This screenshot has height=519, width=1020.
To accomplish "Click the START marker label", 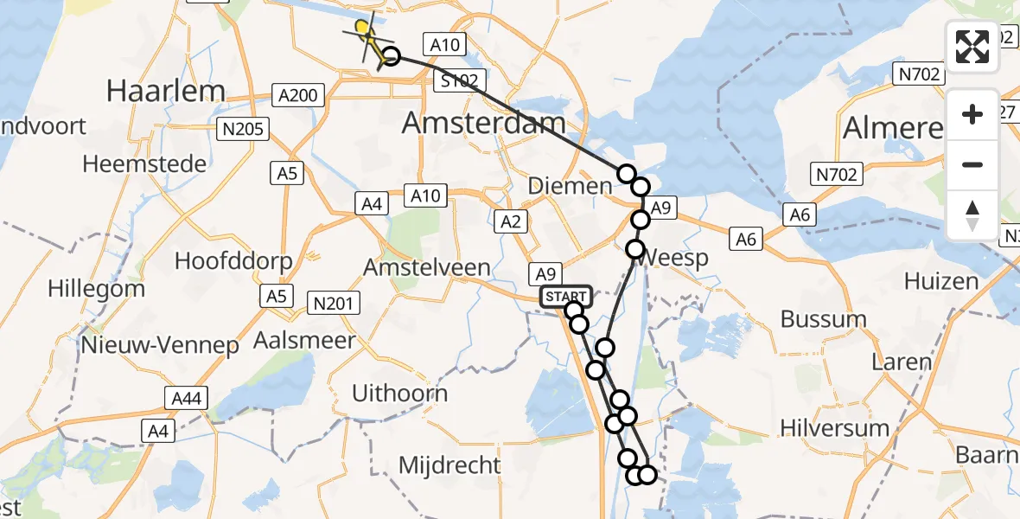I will coord(566,297).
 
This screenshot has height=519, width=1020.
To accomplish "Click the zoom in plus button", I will coord(972,115).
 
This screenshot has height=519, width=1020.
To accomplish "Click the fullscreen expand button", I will coord(972,47).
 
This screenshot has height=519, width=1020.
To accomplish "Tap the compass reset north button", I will coord(972,215).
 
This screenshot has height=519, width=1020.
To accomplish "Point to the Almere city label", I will coord(893,128).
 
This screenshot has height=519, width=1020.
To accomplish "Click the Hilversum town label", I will coord(834,427).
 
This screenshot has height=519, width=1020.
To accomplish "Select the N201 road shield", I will coord(335,302).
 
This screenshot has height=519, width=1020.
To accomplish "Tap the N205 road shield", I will coord(243,130).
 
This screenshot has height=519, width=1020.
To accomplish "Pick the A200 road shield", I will coord(298,95).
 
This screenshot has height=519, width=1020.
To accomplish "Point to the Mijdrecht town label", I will coord(449,465).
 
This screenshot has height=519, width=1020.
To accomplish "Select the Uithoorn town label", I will coord(399,394).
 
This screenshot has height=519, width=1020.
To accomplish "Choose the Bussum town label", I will coord(823,318).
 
